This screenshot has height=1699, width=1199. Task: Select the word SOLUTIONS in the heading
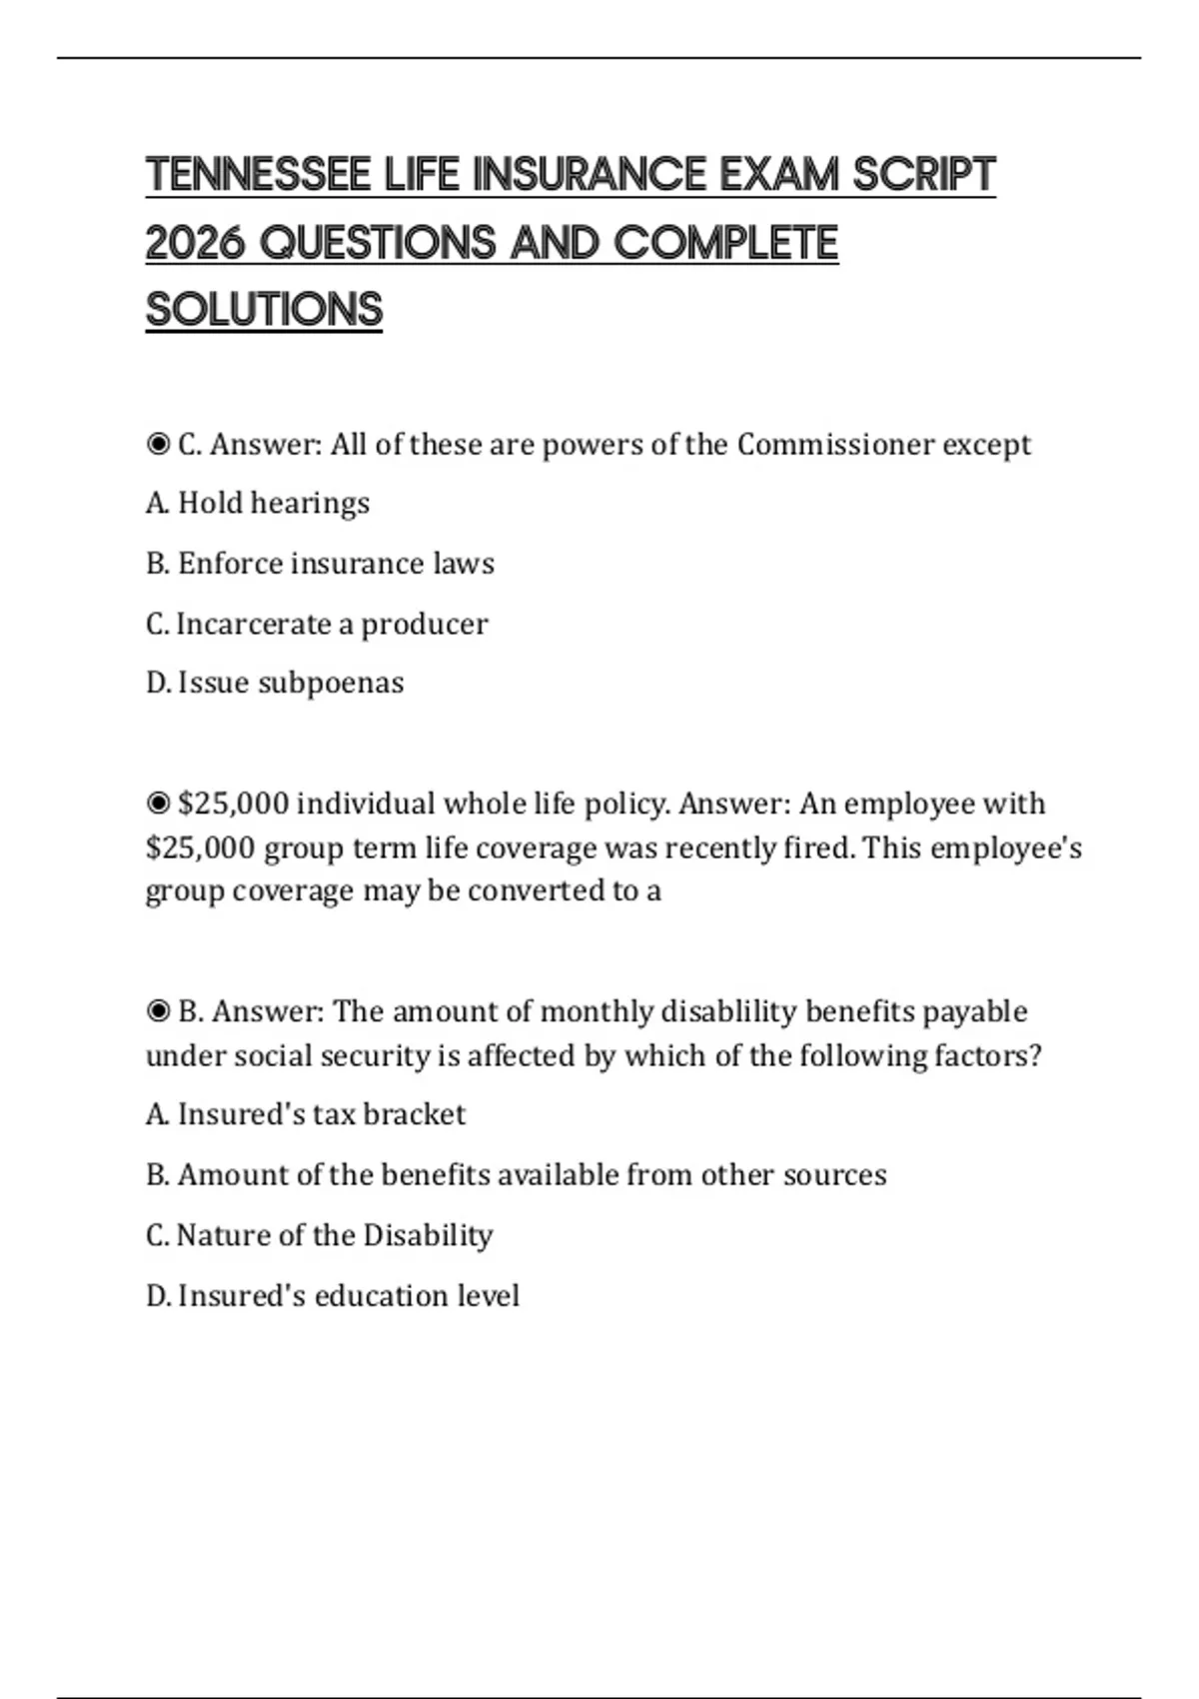coord(264,310)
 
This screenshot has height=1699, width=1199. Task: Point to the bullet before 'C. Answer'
coord(158,445)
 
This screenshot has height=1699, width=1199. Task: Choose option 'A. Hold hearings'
coord(258,503)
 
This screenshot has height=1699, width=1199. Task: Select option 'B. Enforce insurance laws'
coord(320,564)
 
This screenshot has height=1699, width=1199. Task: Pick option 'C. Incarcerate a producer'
coord(317,624)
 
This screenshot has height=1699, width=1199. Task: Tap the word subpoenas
coord(331,683)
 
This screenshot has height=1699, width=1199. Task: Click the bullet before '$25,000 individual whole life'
coord(158,804)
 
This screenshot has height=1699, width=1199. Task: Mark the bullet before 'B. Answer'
coord(158,1011)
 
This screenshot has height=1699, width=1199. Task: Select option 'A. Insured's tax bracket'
coord(306,1114)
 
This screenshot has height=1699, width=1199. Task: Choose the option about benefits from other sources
coord(516,1174)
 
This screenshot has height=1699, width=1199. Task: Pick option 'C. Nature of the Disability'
coord(320,1235)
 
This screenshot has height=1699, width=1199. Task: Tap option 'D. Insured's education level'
coord(333,1296)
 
